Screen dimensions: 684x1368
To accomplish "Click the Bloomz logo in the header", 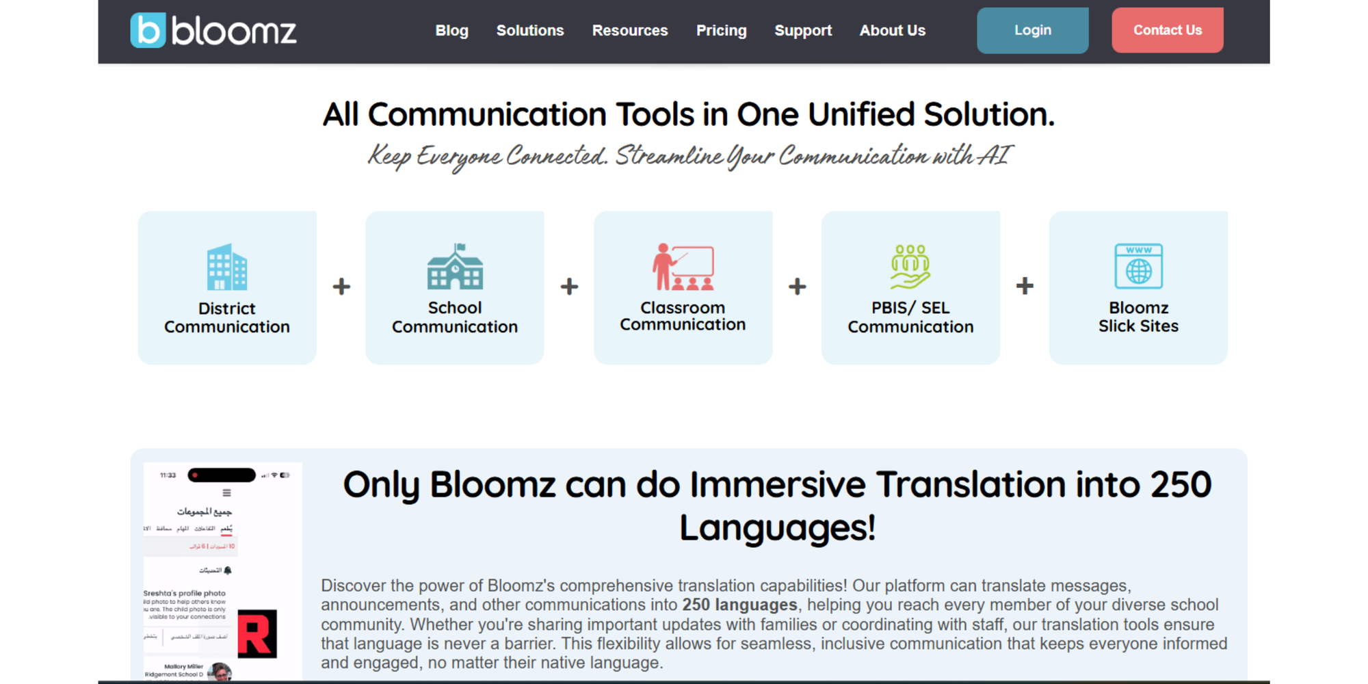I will [213, 31].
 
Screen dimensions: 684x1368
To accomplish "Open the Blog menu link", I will [451, 31].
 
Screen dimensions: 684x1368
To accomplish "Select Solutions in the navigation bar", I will [530, 31].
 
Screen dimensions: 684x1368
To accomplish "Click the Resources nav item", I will [630, 31].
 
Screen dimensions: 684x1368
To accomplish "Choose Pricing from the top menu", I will [721, 31].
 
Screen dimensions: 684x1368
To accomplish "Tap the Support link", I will [803, 31].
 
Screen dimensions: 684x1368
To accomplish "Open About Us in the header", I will [892, 31].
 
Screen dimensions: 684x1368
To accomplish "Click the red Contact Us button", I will [1167, 31].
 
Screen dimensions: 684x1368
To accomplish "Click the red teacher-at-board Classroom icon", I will [683, 267].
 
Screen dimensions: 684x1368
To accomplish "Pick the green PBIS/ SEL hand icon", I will [910, 267].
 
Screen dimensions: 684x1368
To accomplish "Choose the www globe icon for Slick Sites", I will [1138, 267].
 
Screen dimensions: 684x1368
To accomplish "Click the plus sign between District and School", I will [341, 287].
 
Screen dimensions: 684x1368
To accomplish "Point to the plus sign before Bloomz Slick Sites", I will [1025, 286].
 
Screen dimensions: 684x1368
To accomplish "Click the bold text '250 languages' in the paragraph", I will [739, 605].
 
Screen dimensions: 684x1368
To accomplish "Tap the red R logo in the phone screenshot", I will [257, 634].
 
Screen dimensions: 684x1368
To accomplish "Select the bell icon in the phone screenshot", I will [228, 570].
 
